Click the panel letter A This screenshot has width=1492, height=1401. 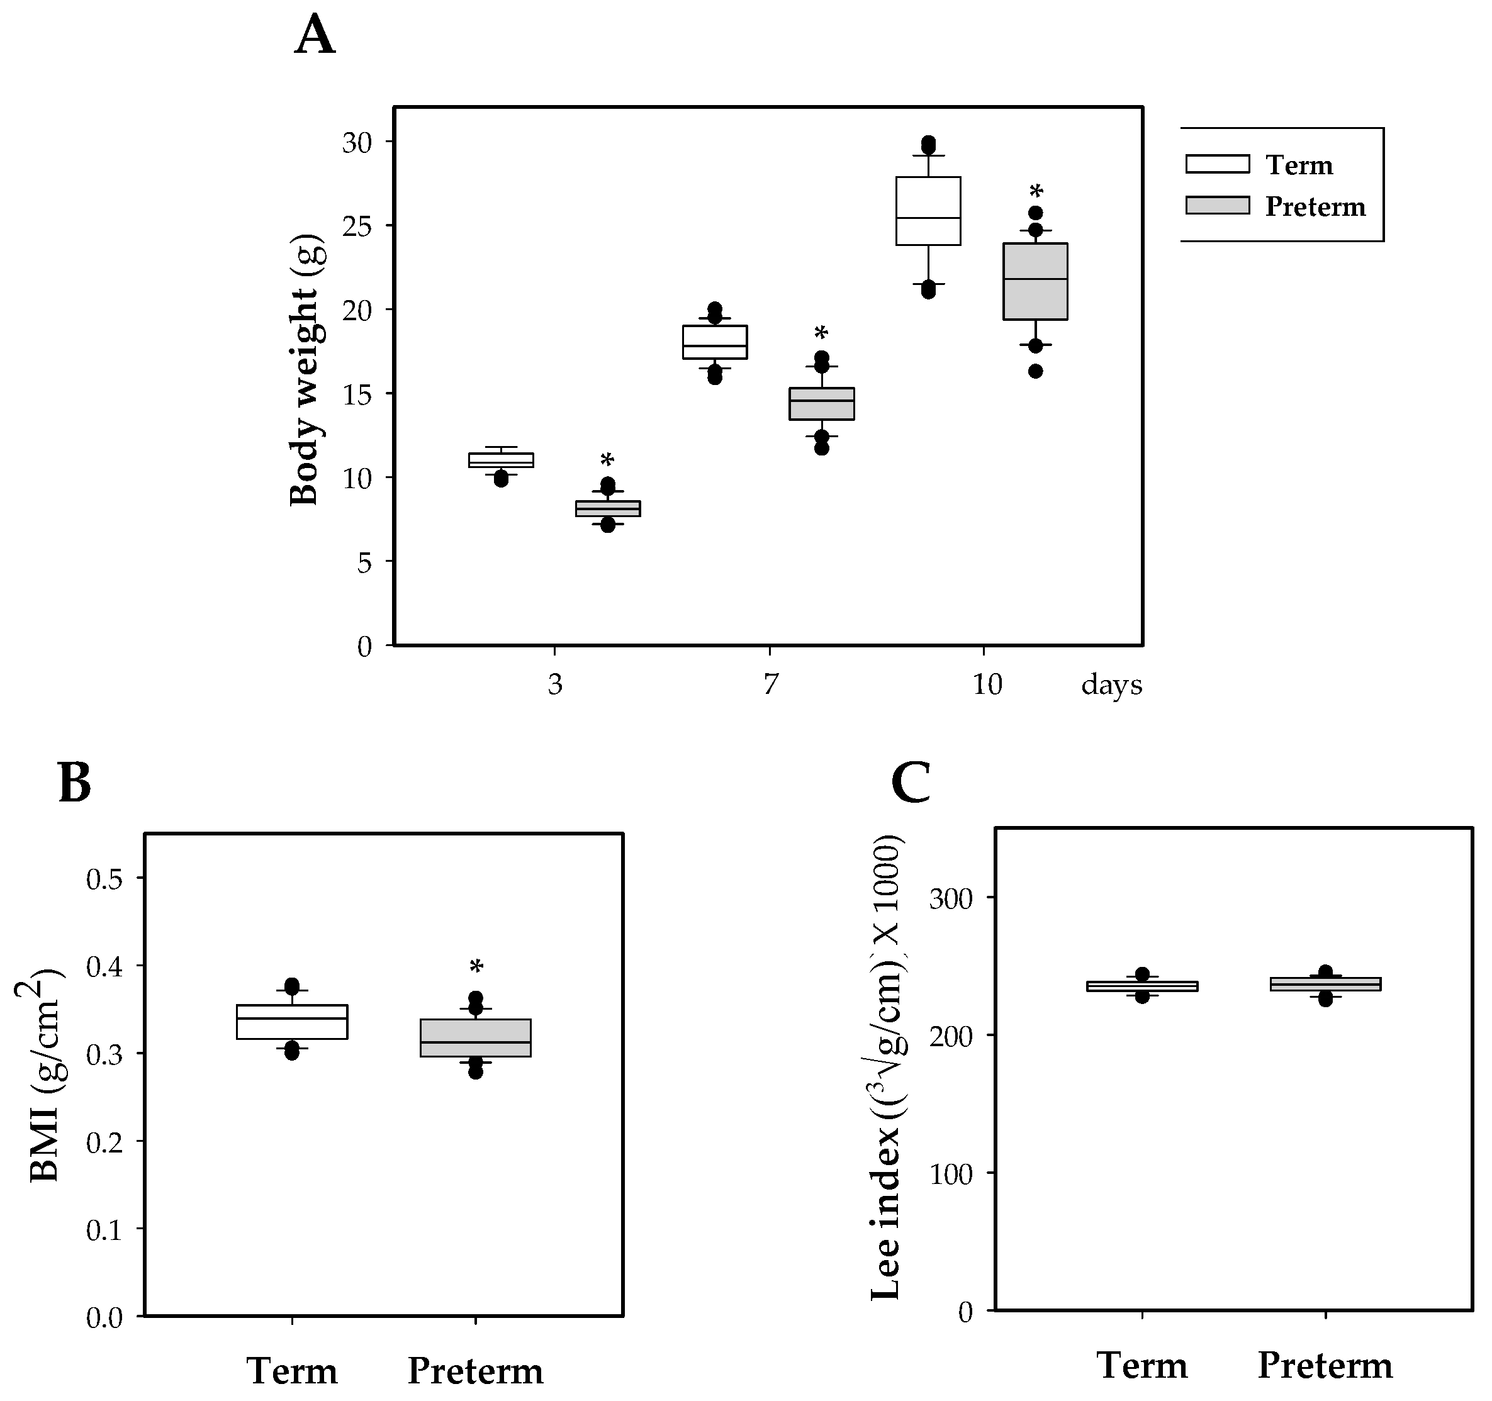click(x=315, y=35)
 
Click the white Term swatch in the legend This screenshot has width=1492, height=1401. click(x=1217, y=164)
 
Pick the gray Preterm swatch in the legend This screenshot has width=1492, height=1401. click(x=1217, y=206)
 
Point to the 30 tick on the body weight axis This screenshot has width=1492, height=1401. click(x=357, y=143)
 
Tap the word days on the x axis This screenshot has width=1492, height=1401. click(x=1111, y=684)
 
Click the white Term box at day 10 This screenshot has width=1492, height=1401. click(x=928, y=211)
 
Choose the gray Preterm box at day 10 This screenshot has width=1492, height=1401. click(x=1036, y=281)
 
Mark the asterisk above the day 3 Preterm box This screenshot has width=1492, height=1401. click(x=607, y=460)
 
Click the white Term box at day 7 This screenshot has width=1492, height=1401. click(x=714, y=342)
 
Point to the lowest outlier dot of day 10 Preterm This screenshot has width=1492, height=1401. click(x=1036, y=371)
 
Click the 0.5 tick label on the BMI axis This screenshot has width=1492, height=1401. click(x=105, y=879)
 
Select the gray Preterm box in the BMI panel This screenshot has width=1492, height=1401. click(x=475, y=1038)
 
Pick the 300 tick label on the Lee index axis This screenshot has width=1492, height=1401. click(x=951, y=898)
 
